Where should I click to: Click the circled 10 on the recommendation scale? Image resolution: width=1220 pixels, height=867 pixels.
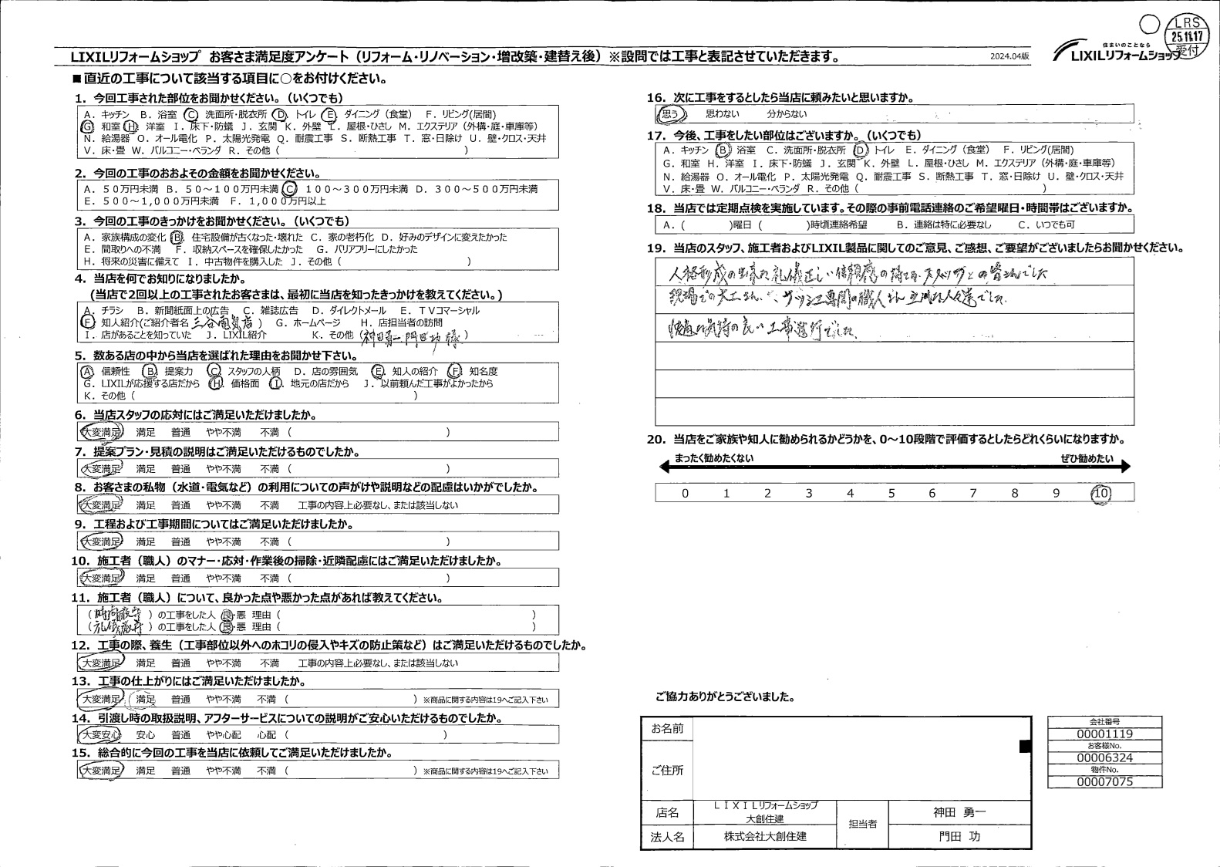click(1101, 493)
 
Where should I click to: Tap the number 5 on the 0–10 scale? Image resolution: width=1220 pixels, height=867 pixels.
click(891, 493)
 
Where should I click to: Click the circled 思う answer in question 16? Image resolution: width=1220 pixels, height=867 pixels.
click(670, 114)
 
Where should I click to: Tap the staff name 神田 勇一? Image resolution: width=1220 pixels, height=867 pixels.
click(959, 812)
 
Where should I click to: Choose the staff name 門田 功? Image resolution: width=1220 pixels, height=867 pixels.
click(959, 836)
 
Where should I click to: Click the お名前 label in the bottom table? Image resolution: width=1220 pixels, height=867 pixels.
click(667, 729)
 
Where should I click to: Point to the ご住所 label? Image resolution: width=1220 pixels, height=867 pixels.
click(667, 771)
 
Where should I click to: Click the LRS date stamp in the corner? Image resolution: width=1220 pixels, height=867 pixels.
click(1188, 35)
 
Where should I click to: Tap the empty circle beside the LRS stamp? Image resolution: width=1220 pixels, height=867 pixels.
click(1149, 25)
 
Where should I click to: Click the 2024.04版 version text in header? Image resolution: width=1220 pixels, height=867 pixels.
click(1009, 57)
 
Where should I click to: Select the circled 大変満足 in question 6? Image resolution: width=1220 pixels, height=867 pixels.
click(100, 433)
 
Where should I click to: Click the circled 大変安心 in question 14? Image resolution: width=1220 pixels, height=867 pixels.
click(100, 735)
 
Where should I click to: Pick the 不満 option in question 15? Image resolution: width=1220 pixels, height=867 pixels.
click(268, 771)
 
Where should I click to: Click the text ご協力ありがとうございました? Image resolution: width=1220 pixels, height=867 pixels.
click(724, 697)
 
